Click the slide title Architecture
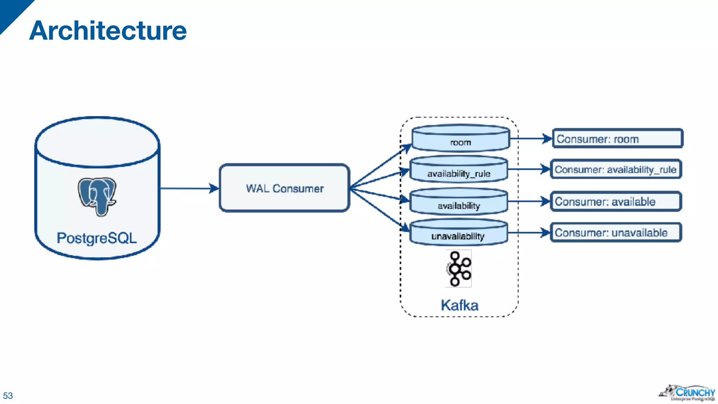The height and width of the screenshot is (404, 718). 108,31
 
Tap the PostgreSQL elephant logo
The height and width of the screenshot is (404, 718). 97,196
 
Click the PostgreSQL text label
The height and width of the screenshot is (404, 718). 97,238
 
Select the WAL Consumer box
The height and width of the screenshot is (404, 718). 284,188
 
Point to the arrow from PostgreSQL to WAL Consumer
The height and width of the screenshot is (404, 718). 189,188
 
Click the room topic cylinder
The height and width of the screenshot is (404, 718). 460,139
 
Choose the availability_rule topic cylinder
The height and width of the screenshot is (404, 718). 459,170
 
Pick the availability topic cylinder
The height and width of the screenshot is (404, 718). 459,202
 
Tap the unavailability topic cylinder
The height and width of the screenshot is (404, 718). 458,233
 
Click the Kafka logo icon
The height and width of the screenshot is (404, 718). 458,269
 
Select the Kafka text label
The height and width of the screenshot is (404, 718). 459,305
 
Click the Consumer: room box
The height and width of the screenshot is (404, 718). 617,139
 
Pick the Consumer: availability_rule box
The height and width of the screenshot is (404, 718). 616,169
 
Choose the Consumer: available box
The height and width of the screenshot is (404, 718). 616,202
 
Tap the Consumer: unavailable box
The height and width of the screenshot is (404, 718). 616,233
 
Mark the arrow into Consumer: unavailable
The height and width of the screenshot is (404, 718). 529,233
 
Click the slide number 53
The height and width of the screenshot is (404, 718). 8,396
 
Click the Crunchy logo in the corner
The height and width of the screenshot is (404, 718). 687,393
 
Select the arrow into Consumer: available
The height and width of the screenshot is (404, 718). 529,202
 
